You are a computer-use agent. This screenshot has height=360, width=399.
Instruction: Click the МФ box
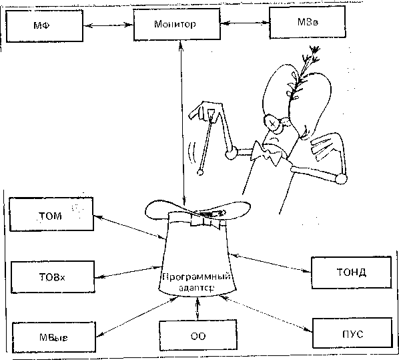point(45,26)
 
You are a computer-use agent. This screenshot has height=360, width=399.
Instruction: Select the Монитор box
point(177,24)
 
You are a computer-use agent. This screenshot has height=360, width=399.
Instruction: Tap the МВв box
point(308,23)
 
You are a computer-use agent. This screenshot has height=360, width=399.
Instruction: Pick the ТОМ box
point(51,214)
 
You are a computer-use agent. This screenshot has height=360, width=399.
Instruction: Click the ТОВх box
point(53,277)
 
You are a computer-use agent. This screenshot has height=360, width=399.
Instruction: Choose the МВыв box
point(54,337)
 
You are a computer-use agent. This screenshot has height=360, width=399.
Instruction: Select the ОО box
point(198,335)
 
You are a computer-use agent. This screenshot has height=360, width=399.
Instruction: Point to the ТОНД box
point(352,273)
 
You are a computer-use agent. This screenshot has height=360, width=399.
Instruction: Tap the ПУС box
point(352,333)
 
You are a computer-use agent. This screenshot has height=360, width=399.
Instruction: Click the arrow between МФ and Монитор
point(108,25)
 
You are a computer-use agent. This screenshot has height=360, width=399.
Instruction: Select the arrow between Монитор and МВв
point(245,23)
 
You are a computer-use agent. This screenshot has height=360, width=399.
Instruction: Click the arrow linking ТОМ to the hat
point(130,227)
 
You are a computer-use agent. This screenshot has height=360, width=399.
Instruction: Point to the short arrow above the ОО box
point(197,309)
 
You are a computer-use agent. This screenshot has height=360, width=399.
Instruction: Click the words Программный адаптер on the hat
point(196,282)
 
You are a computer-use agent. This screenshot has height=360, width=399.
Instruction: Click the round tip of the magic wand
point(201,172)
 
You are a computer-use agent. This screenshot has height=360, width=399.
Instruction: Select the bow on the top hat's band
point(206,218)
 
